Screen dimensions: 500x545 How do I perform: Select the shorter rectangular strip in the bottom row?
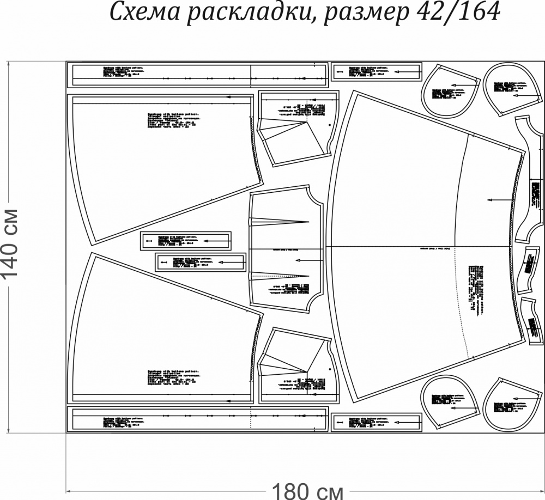[377, 421]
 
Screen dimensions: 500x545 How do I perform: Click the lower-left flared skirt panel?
[158, 332]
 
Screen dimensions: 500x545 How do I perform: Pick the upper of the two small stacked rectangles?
[186, 240]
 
